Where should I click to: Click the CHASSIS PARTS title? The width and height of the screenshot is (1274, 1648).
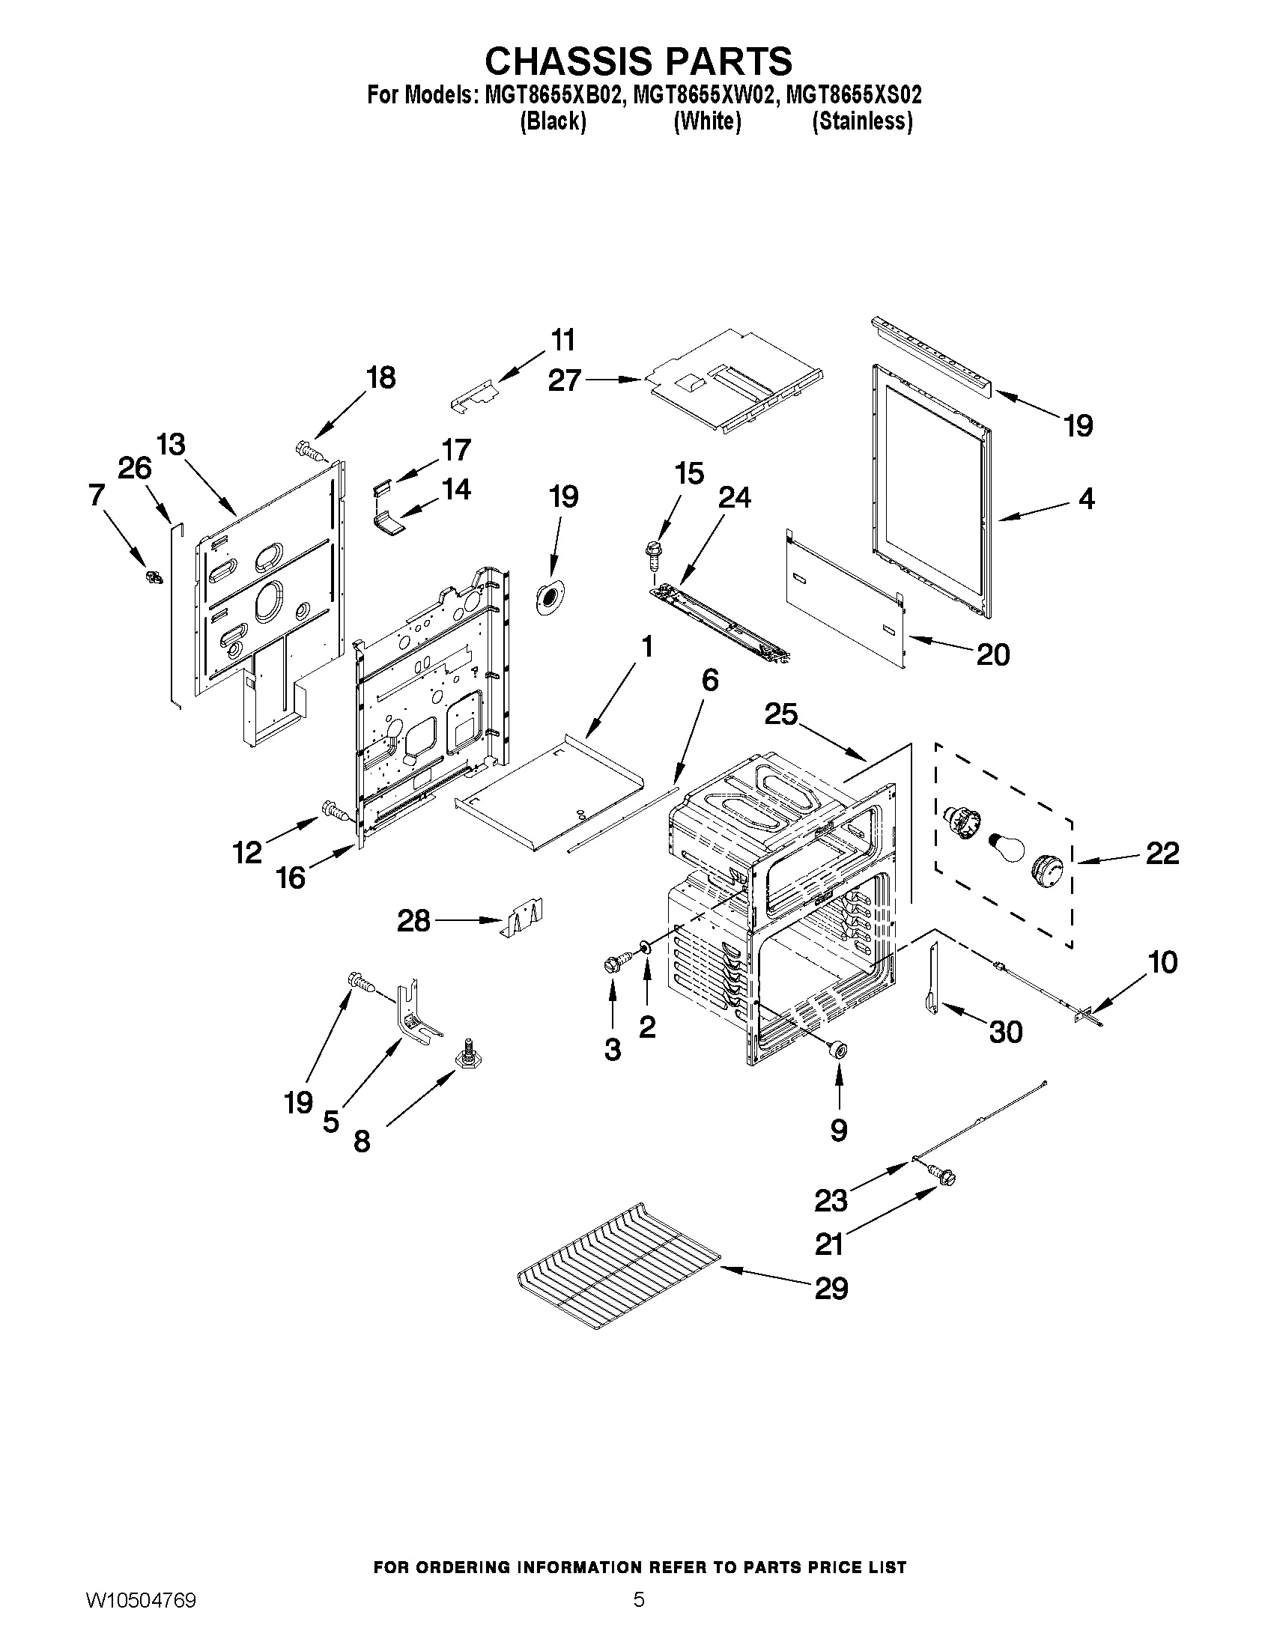[638, 61]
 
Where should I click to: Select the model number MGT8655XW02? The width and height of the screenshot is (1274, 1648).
[706, 95]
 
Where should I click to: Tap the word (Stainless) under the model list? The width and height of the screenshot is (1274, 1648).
[862, 121]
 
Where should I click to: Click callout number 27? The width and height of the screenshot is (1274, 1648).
[565, 380]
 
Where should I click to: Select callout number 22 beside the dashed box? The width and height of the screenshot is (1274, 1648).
[1162, 854]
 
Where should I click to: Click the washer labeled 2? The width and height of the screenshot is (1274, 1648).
[648, 947]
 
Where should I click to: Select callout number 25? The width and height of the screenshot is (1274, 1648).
[780, 714]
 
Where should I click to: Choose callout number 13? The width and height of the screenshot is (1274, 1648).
[172, 445]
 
